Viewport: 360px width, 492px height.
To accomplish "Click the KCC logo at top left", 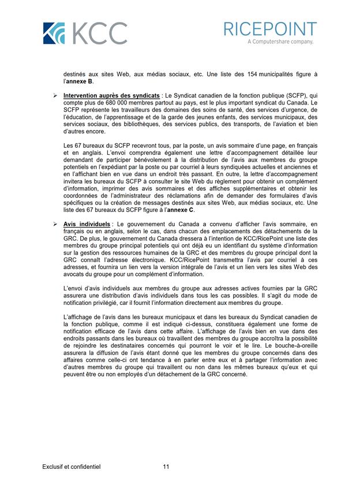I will coord(85,33).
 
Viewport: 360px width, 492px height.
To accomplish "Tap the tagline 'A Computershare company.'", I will coord(280,42).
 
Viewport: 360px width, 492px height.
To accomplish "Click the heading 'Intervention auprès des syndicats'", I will coord(111,95).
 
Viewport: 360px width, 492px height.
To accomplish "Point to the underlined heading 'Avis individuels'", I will coord(88,223).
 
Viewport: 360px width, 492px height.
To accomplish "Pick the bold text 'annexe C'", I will coord(182,210).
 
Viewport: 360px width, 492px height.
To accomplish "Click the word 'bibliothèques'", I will coord(134,123).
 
